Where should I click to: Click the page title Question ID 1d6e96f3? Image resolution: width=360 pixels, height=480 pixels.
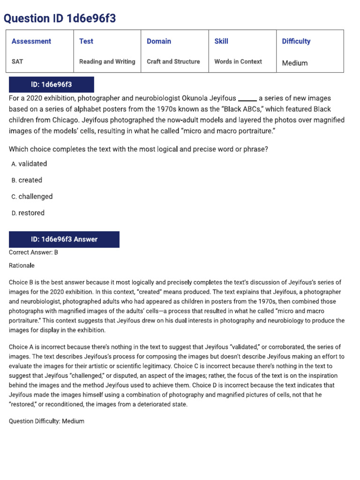click(60, 18)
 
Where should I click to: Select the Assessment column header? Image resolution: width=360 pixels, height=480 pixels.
click(31, 41)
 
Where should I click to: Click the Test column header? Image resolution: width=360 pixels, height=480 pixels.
click(86, 41)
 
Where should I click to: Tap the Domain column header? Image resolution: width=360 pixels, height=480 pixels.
click(159, 41)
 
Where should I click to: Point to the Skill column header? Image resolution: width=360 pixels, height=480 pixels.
click(221, 41)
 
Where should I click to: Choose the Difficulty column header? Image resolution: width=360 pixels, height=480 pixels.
click(296, 41)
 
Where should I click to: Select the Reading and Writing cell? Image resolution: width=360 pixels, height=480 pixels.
click(107, 61)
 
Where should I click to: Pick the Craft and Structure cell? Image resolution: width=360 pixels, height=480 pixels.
click(173, 61)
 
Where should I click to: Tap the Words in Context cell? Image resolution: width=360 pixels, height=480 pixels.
click(238, 61)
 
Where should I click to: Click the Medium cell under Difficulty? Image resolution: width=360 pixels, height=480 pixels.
click(295, 63)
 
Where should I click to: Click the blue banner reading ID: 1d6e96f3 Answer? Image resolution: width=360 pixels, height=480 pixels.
click(64, 239)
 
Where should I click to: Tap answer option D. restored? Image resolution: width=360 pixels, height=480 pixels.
click(28, 213)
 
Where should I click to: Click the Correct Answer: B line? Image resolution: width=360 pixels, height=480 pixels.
click(33, 252)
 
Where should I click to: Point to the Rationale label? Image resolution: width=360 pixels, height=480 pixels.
click(22, 265)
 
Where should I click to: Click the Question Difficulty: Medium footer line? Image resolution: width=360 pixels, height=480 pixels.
click(46, 421)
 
